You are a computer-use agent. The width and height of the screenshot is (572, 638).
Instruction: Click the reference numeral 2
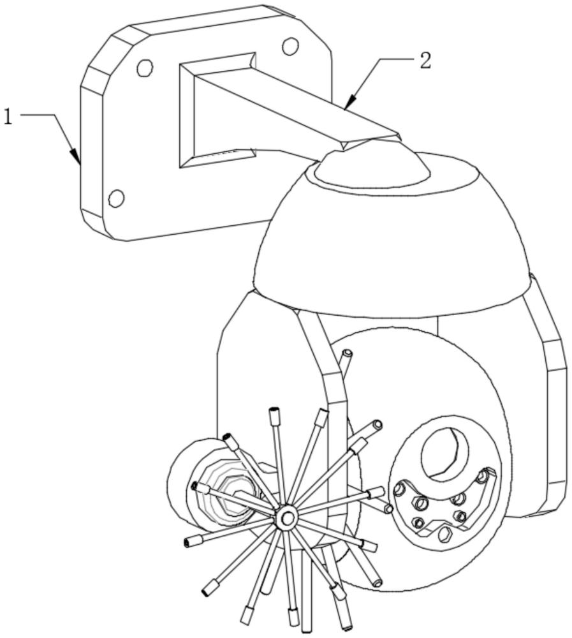coord(425,61)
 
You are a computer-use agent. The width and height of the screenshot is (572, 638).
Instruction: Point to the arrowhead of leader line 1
coord(76,157)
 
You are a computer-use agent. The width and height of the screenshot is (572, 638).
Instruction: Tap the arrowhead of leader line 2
coord(350,103)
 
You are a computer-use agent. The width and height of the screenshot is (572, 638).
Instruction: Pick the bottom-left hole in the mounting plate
coord(116,198)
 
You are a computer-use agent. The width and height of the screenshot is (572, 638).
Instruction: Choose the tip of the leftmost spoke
coord(187,542)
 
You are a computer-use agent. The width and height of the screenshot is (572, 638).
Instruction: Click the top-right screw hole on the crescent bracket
coord(483,475)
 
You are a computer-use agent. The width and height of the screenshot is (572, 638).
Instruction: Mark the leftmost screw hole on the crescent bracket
coord(399,489)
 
